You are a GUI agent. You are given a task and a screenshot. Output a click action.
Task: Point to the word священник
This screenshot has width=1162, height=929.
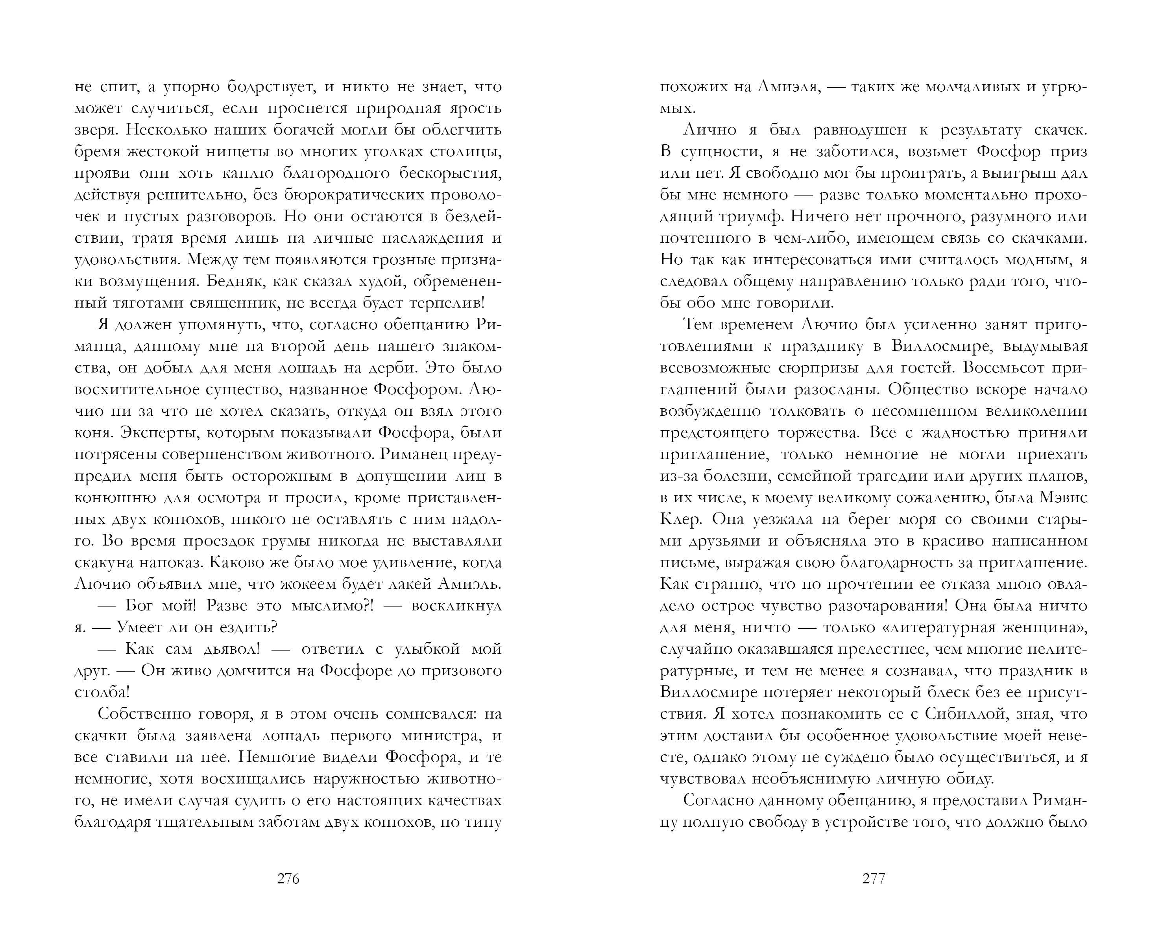tap(236, 303)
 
